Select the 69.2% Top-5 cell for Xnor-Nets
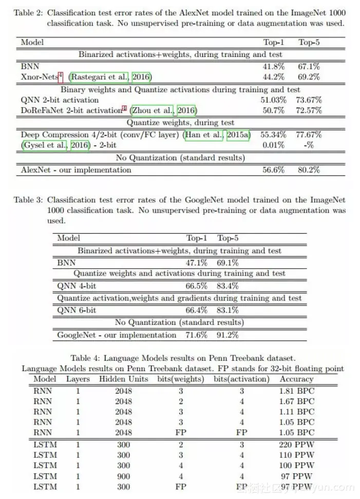[x=308, y=77]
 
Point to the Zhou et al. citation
[x=163, y=110]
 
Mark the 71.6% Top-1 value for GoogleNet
[x=196, y=335]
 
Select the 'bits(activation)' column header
[x=241, y=379]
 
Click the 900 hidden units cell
[x=123, y=476]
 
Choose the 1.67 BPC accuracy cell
[x=296, y=400]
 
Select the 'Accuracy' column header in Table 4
[x=296, y=379]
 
